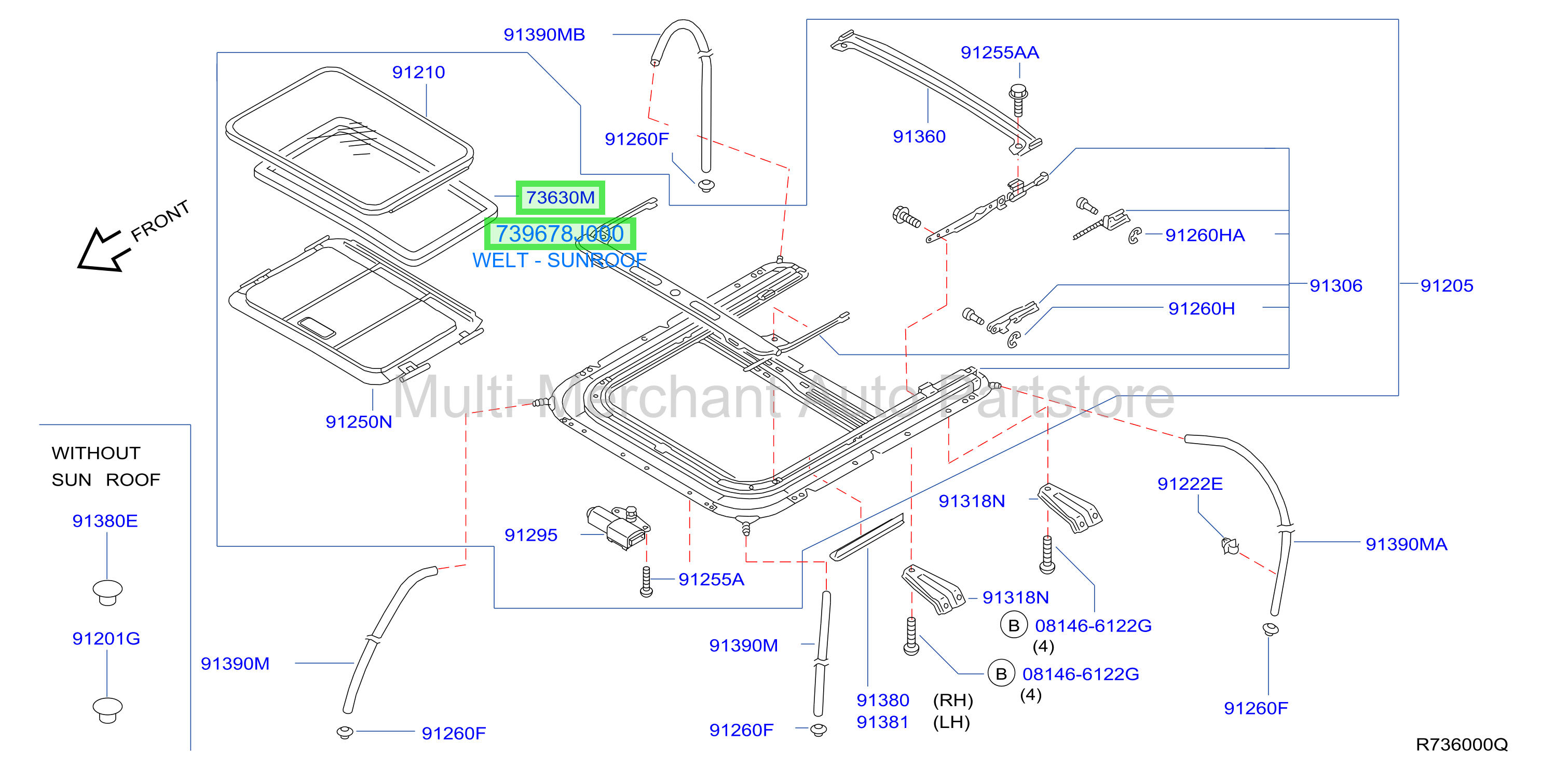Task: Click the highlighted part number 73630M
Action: click(x=560, y=197)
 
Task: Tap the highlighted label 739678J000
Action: click(x=560, y=233)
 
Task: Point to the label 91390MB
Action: click(x=544, y=35)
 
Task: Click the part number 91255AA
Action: click(x=1000, y=52)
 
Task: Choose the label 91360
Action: click(x=919, y=136)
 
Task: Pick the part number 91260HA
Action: click(x=1205, y=235)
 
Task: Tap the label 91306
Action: click(x=1335, y=285)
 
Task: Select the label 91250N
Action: click(x=359, y=422)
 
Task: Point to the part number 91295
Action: click(x=531, y=535)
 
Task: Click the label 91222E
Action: click(x=1190, y=484)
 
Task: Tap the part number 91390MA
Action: click(x=1406, y=544)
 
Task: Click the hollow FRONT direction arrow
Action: click(x=101, y=250)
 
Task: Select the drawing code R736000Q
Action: click(x=1462, y=745)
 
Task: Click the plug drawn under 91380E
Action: click(x=108, y=592)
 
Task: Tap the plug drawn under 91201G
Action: click(x=108, y=710)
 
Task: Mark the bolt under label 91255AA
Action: click(x=1018, y=101)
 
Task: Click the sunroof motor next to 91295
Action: click(x=618, y=527)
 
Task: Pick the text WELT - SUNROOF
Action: click(x=560, y=260)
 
